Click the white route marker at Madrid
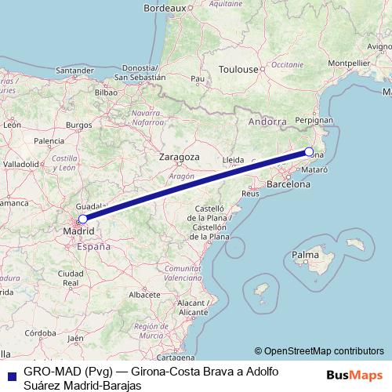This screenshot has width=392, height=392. pos(82,219)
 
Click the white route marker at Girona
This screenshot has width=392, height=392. pos(309,152)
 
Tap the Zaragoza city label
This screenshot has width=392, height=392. pos(179,157)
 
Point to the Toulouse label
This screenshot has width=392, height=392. pos(238,69)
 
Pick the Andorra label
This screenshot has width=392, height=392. pos(267,122)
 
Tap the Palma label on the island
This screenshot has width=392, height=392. pos(305,256)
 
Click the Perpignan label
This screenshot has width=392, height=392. pos(314,121)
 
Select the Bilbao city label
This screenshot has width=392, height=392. pos(105,92)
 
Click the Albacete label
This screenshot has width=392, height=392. pos(143,294)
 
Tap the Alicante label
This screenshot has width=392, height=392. pos(192,311)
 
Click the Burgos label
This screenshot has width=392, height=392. pos(79,125)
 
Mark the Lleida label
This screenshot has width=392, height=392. pos(234,159)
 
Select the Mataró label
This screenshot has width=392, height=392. pos(314,169)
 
